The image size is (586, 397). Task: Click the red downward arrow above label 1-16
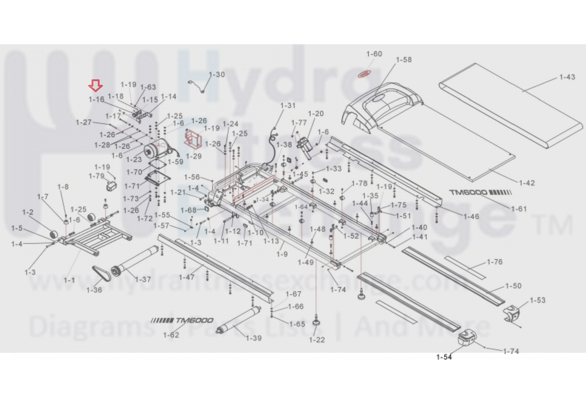pos(96,86)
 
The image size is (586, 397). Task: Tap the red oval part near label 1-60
pos(364,74)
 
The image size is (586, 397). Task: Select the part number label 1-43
pos(567,77)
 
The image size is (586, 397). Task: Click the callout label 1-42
pos(527,183)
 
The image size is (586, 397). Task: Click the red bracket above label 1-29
pos(193,139)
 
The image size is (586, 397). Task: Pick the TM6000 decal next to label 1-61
pos(480,192)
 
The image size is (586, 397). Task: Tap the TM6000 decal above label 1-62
pos(182,321)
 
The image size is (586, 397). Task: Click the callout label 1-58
pos(403,60)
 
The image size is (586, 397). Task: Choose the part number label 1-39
pos(254,338)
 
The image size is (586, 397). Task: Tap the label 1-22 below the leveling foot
pos(317,340)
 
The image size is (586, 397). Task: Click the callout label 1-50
pos(513,286)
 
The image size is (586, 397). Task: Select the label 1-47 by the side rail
pos(187,277)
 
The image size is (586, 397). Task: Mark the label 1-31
pos(288,105)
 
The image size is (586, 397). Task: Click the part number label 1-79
pos(96,176)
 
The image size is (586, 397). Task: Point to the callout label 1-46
pos(471,217)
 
